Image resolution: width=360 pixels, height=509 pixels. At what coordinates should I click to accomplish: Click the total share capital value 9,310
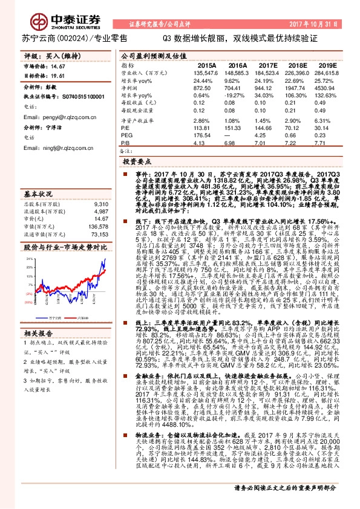[100, 204]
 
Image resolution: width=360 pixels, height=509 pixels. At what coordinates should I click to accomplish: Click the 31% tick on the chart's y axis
[28, 258]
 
